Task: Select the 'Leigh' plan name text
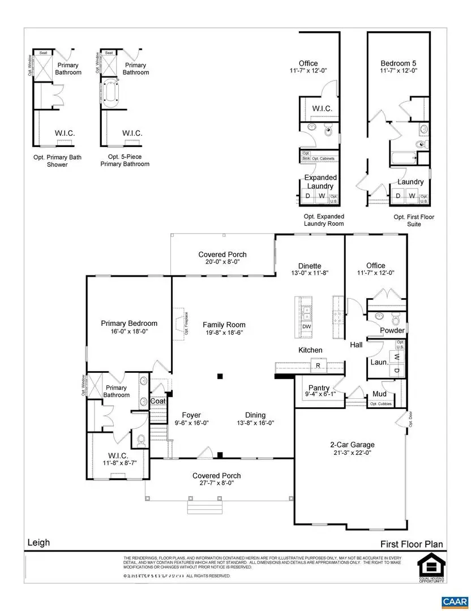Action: click(38, 543)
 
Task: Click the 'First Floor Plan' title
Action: click(412, 544)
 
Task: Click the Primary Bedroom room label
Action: click(129, 324)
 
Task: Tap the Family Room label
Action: click(224, 325)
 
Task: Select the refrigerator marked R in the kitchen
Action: click(318, 365)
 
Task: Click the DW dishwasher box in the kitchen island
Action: click(306, 327)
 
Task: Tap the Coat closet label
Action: click(157, 401)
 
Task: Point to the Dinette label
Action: click(310, 265)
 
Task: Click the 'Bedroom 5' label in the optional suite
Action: click(395, 63)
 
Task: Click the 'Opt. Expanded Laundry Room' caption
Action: click(324, 220)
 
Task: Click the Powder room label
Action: click(392, 330)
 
